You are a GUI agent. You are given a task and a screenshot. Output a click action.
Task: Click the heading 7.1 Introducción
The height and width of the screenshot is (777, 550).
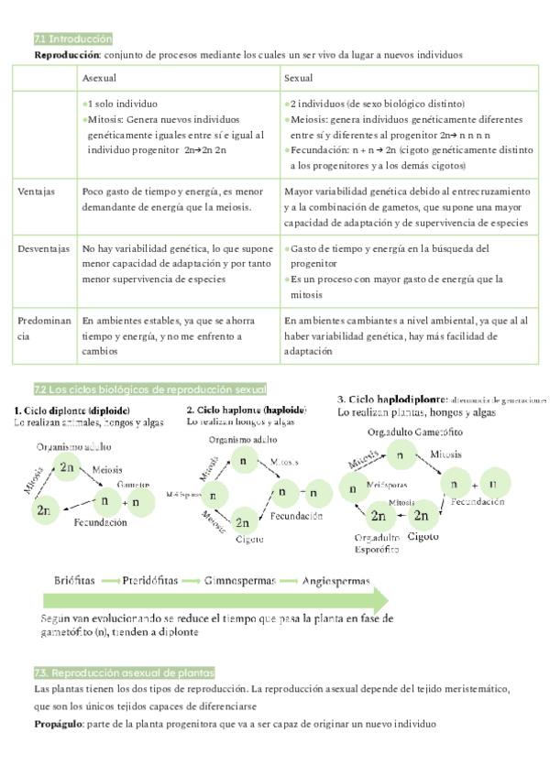coord(72,39)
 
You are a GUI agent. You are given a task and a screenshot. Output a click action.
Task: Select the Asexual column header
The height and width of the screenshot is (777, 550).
coord(99,79)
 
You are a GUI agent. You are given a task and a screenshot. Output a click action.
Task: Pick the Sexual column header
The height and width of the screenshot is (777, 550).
coord(299,79)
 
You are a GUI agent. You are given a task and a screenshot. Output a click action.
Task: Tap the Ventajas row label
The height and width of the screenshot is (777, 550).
coord(37,192)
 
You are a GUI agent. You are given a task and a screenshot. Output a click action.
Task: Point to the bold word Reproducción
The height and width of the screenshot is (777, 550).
coord(70,55)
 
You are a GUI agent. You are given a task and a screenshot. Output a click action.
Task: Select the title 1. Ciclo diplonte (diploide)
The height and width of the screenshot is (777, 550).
coord(71,409)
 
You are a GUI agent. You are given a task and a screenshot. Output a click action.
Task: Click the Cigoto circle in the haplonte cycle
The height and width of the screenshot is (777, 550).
coord(244,523)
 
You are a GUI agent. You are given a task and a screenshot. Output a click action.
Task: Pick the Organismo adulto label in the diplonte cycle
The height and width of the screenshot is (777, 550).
coord(73,446)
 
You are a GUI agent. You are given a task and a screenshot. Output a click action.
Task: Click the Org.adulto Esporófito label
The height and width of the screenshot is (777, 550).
coord(376,543)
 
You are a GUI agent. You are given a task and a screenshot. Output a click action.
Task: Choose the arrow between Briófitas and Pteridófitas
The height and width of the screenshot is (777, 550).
coord(111,581)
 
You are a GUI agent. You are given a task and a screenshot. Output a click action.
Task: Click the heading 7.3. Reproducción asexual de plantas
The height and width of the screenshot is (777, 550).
coord(123,673)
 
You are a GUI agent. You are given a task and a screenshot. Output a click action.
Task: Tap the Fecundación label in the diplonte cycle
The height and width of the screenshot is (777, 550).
coord(101,522)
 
